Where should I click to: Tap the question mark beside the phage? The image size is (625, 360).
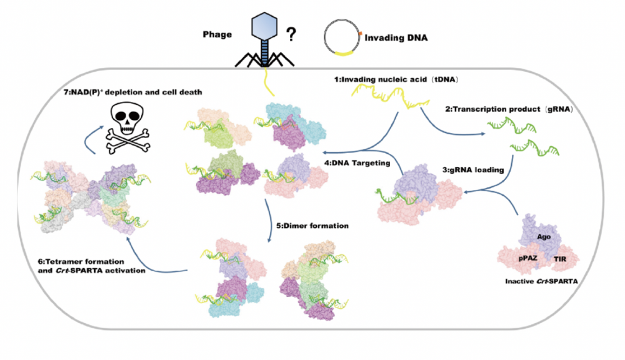pos(291,34)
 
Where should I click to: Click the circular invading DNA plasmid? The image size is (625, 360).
pos(342,37)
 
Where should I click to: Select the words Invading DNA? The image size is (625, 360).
pos(396,38)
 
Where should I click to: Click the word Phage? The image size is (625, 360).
pos(217,34)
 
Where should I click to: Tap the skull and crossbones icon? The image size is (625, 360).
pos(127,127)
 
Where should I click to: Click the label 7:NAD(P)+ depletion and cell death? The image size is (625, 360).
pos(132,92)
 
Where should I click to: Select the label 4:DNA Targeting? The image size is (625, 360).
pos(357,162)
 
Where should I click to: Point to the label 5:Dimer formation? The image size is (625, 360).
pos(312,226)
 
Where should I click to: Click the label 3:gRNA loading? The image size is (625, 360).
pos(473,170)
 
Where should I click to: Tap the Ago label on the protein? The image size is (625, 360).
pos(544,237)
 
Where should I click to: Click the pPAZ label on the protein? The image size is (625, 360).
pos(527,258)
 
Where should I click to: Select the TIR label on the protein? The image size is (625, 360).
pos(559,259)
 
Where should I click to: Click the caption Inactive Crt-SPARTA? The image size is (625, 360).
pos(541,281)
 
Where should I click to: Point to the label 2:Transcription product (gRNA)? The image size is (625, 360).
pos(509,109)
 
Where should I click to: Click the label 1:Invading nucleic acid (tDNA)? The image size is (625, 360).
pos(396,79)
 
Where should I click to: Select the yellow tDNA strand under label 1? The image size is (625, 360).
pos(391,98)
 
